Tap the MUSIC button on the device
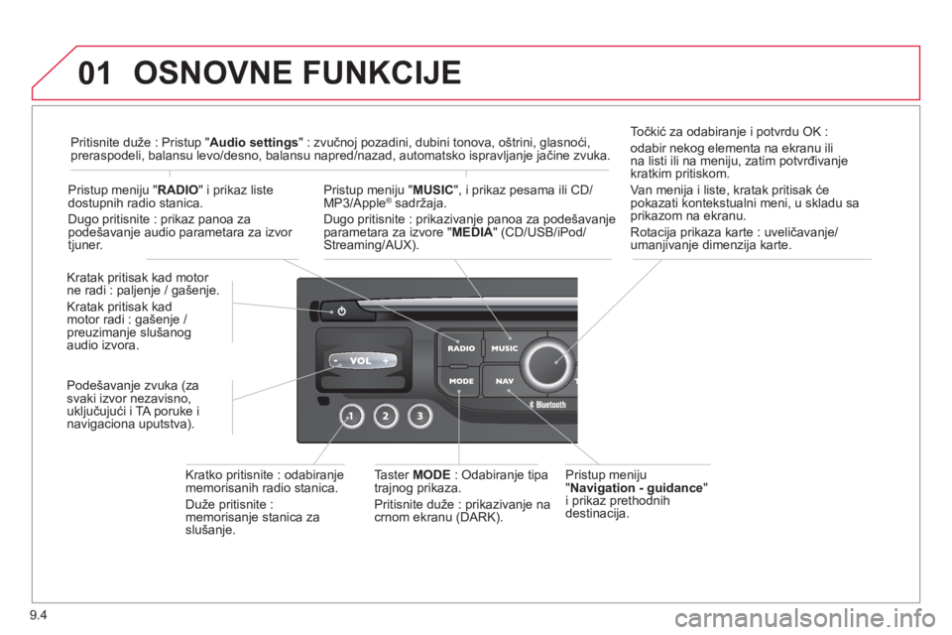(x=504, y=347)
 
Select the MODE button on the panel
(x=461, y=381)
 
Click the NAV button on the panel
(x=504, y=381)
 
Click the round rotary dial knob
(x=548, y=364)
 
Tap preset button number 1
(x=350, y=417)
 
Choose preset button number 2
(x=385, y=417)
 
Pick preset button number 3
(x=419, y=417)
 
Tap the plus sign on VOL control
(x=386, y=361)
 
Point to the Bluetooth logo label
(x=546, y=405)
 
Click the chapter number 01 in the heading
(x=95, y=72)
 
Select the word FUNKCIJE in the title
(x=382, y=72)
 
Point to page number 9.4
(x=38, y=615)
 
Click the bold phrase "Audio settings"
(x=254, y=142)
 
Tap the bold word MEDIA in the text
(x=472, y=232)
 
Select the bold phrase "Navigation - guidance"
(x=636, y=488)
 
